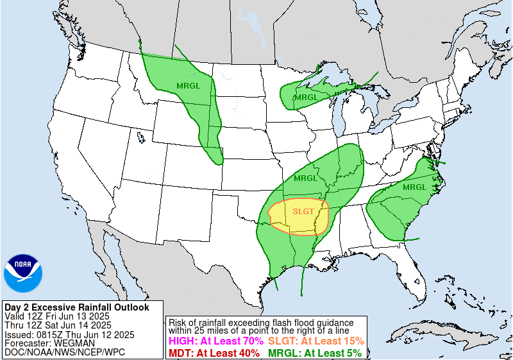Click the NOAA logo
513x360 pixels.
click(x=23, y=273)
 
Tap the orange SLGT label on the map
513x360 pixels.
click(x=303, y=211)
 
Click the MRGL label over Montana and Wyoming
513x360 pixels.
click(x=187, y=86)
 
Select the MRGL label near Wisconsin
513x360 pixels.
click(x=305, y=98)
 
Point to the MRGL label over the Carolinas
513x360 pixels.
click(x=415, y=187)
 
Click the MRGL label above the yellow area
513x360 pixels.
click(x=305, y=178)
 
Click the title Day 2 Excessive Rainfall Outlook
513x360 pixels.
click(x=76, y=307)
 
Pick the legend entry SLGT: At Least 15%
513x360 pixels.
click(x=316, y=341)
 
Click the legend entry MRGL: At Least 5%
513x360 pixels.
click(x=314, y=353)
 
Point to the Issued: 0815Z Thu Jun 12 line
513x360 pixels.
click(x=69, y=334)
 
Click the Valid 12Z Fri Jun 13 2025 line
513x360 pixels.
click(x=57, y=316)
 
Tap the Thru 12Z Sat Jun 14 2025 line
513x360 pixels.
click(x=58, y=325)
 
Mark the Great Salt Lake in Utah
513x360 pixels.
click(x=140, y=136)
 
